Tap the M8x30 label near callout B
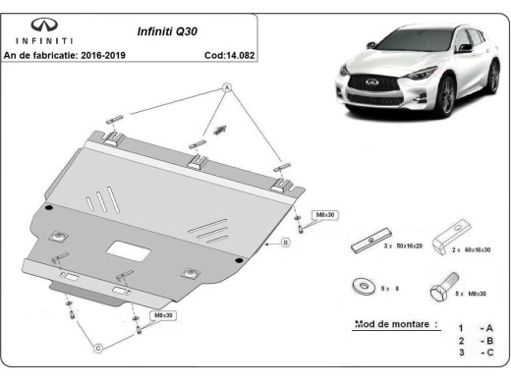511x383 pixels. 324,214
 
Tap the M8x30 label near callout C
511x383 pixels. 162,315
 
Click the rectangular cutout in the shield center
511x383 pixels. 126,250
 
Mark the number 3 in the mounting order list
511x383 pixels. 459,353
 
